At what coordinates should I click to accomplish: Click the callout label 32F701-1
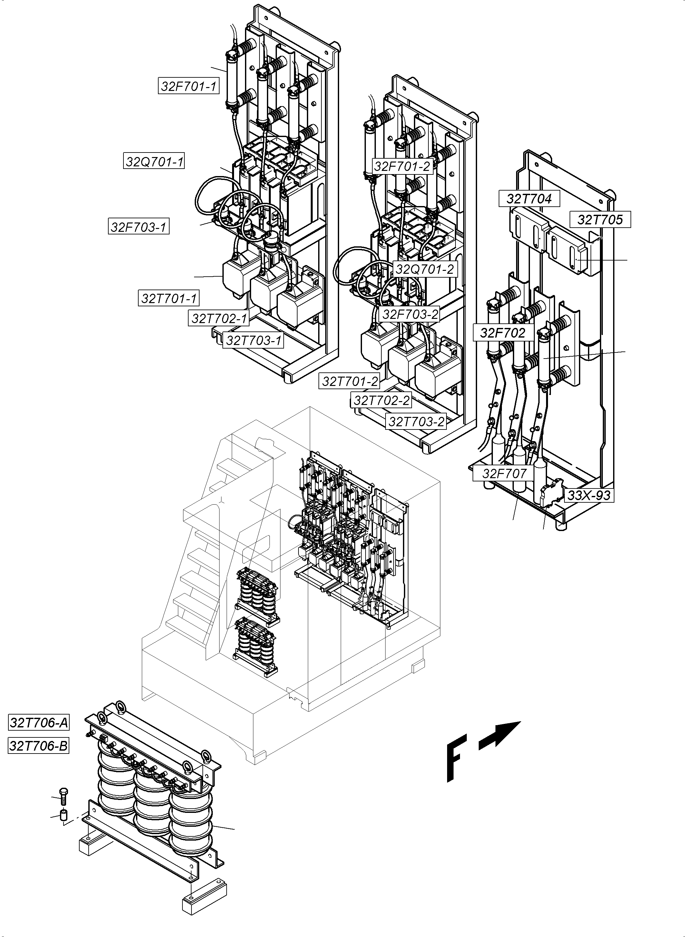click(189, 86)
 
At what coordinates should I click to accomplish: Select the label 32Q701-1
click(154, 161)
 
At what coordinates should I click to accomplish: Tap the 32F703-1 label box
click(139, 227)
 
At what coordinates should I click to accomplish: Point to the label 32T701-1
click(169, 298)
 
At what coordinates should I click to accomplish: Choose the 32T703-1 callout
click(253, 340)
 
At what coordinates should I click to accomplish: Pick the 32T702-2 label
click(381, 400)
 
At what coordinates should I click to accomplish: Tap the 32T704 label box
click(529, 199)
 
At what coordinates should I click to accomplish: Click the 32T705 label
click(600, 220)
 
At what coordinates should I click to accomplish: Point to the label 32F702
click(503, 333)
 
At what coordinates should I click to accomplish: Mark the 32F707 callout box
click(504, 473)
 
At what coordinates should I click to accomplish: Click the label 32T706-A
click(39, 723)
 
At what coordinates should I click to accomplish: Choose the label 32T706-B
click(39, 746)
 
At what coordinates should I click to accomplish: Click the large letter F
click(456, 759)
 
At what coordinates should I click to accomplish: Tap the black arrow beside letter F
click(500, 735)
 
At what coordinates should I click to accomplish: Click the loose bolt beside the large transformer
click(64, 797)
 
